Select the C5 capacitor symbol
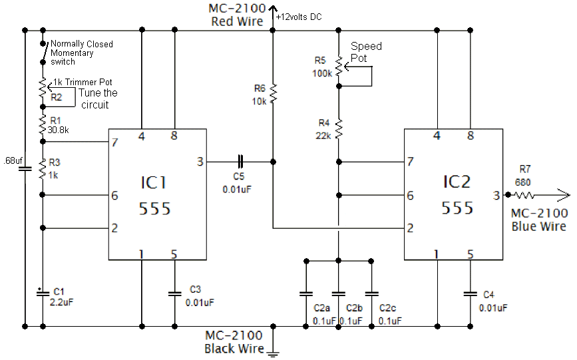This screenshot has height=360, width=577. click(x=240, y=161)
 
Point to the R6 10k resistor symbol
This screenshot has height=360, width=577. click(x=272, y=94)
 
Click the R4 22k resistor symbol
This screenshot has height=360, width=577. click(x=339, y=128)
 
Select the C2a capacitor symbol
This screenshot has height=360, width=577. click(x=305, y=293)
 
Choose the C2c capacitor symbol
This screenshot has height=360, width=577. click(x=371, y=293)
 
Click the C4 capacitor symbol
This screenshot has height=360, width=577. click(x=471, y=293)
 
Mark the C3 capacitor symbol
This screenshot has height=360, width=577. click(x=174, y=293)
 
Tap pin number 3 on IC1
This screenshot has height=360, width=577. click(x=200, y=161)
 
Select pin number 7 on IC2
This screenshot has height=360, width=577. click(x=410, y=162)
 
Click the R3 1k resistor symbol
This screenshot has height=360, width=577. click(x=42, y=169)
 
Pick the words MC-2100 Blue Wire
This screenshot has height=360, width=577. click(x=539, y=220)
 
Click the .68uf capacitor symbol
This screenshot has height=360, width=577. click(x=25, y=169)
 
